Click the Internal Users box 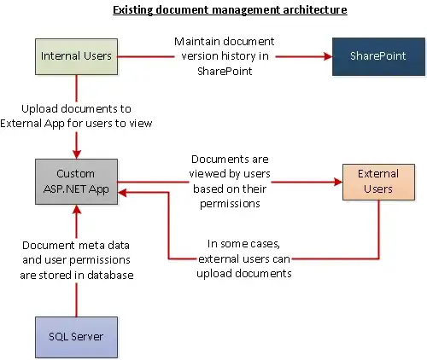point(77,56)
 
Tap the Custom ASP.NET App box point(76,181)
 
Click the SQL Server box point(76,335)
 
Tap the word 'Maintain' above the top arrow point(196,41)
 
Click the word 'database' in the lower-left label point(113,275)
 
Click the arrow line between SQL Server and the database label point(77,299)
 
